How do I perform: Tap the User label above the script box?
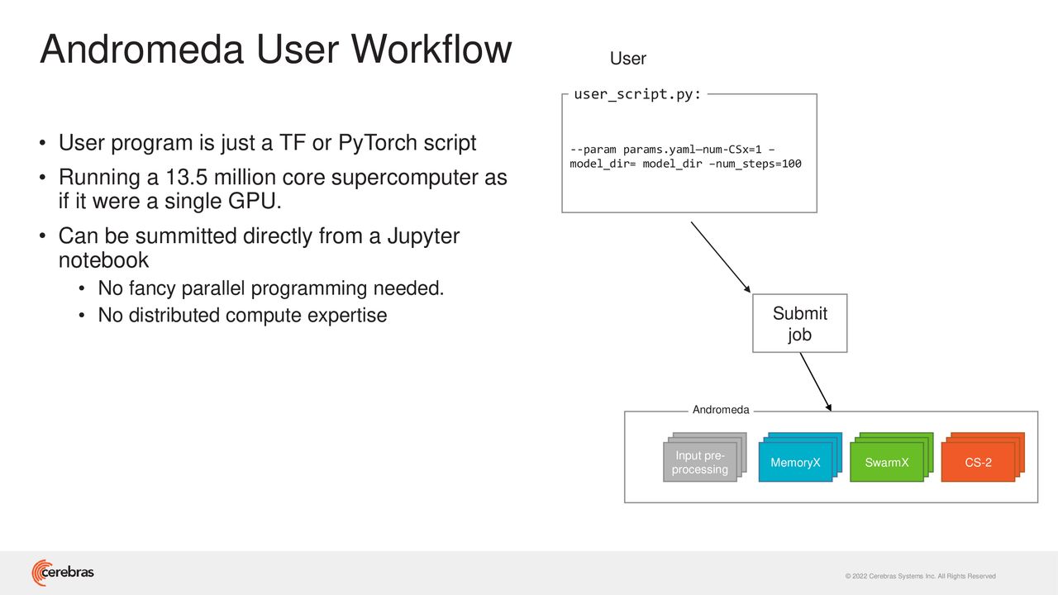[627, 59]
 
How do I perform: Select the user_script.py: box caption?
[637, 94]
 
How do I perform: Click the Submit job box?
[799, 323]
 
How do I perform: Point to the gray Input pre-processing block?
[705, 457]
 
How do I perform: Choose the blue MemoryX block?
[800, 457]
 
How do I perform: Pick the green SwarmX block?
[891, 457]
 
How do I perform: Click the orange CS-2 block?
[983, 457]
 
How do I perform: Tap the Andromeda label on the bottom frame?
[721, 409]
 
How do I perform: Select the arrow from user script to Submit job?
[721, 257]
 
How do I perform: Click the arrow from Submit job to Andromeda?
[816, 382]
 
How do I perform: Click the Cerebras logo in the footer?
[63, 573]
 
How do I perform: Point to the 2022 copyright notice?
[921, 576]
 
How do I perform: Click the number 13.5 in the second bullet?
[187, 178]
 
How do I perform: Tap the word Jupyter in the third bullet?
[423, 237]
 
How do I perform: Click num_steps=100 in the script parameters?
[759, 164]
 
